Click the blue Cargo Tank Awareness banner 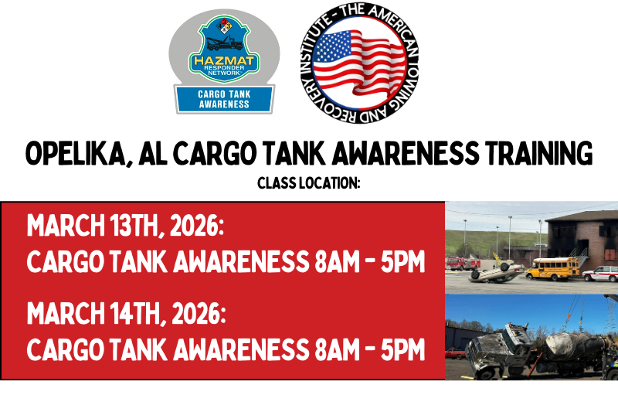[224, 99]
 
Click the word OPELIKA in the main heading [72, 155]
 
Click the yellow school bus [552, 268]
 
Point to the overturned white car [497, 273]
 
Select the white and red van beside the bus [601, 273]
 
